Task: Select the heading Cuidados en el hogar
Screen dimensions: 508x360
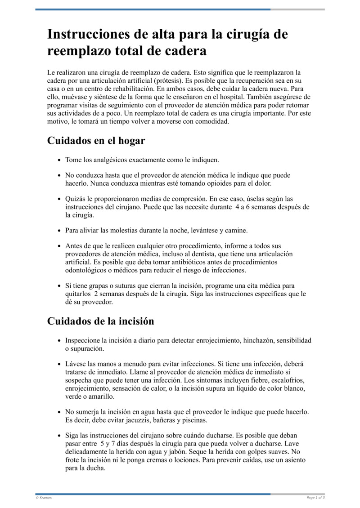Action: click(x=96, y=141)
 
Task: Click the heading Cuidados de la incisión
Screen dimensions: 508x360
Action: click(x=101, y=321)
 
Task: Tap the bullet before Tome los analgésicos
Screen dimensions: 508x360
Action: click(x=60, y=160)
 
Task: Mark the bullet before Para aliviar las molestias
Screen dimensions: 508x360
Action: click(x=60, y=231)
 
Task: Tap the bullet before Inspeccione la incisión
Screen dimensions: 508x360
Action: click(x=60, y=340)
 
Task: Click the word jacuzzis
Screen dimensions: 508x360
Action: click(x=131, y=420)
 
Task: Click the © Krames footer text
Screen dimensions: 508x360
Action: click(x=44, y=498)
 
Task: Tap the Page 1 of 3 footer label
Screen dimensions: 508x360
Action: click(x=315, y=498)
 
